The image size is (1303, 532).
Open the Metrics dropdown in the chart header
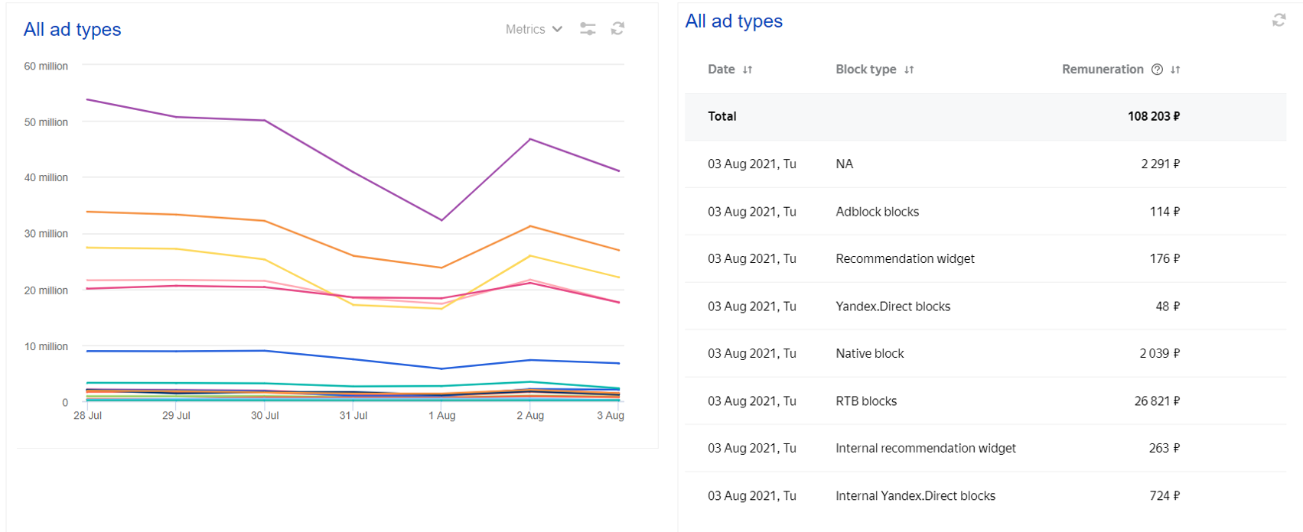(x=533, y=29)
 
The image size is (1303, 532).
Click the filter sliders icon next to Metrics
(x=588, y=29)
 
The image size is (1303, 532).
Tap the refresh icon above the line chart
(x=617, y=28)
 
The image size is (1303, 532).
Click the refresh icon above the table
(x=1279, y=21)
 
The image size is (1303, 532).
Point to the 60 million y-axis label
(x=46, y=66)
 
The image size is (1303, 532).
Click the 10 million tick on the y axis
(x=46, y=347)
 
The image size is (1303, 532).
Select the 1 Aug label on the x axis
(x=441, y=416)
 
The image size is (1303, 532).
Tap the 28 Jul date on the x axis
(x=87, y=416)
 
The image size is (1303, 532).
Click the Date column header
(x=722, y=70)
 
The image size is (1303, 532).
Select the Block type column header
(x=865, y=70)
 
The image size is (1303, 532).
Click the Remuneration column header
(x=1103, y=70)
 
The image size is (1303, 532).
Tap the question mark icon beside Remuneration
(x=1157, y=70)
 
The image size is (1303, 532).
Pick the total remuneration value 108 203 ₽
(x=1153, y=116)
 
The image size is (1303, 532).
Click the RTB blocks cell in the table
(x=866, y=401)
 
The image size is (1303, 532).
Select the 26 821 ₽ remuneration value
(x=1156, y=401)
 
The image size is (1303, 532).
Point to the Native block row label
(x=869, y=354)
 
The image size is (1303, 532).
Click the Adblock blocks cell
(x=877, y=212)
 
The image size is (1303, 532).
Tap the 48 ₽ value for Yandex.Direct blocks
(x=1167, y=307)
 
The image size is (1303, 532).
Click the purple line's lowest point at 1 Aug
(x=441, y=220)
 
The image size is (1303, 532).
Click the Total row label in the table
(x=722, y=116)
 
